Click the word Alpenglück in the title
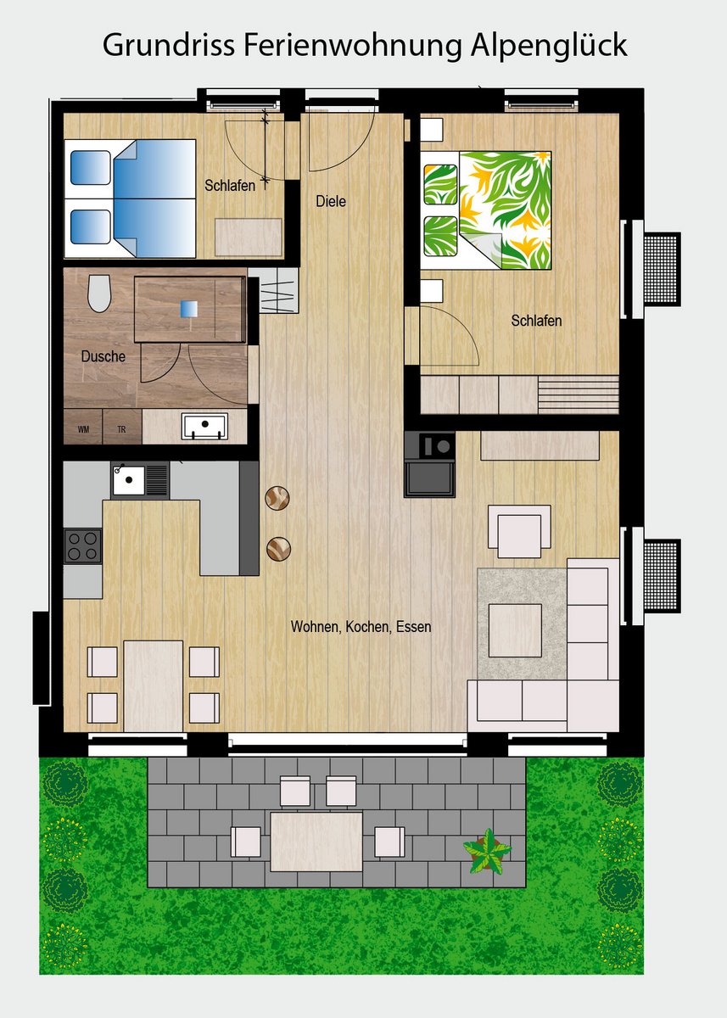(549, 47)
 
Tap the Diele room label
(331, 201)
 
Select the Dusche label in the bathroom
(103, 355)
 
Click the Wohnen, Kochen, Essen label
(361, 627)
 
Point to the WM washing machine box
(83, 426)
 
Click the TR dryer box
(122, 426)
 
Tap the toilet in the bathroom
(99, 294)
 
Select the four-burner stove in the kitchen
(82, 545)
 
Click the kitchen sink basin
(129, 480)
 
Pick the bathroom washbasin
(205, 426)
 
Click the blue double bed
(131, 199)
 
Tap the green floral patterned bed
(486, 211)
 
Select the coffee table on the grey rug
(515, 630)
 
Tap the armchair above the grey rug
(520, 531)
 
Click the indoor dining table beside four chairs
(154, 685)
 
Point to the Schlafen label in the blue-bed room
(230, 186)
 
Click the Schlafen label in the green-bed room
(536, 321)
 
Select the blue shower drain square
(188, 309)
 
